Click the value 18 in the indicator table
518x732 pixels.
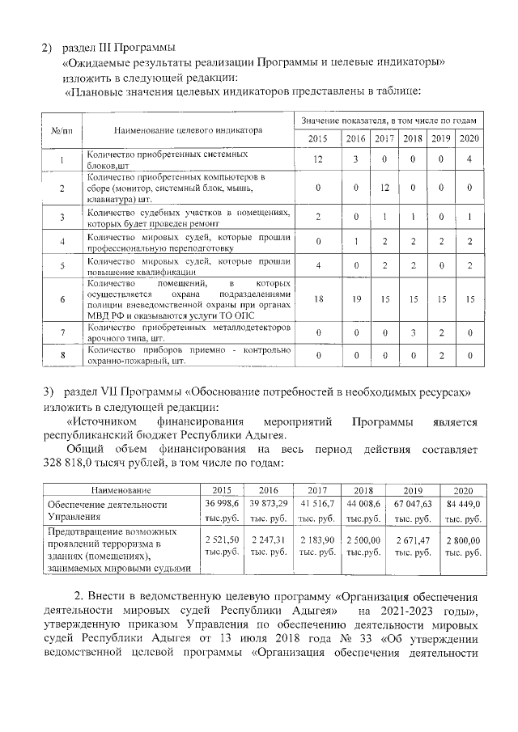click(x=319, y=299)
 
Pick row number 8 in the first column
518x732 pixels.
click(x=62, y=355)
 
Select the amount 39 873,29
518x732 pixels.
click(x=269, y=504)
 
